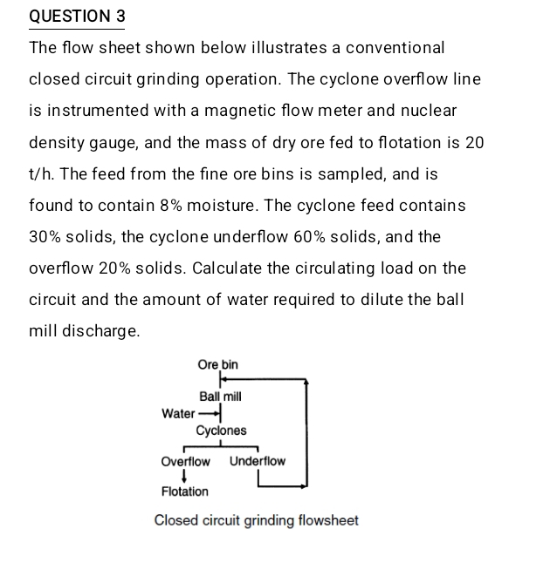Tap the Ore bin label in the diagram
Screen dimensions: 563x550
[x=217, y=364]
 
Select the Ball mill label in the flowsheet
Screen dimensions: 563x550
[x=220, y=397]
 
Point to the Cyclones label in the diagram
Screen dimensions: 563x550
[x=221, y=431]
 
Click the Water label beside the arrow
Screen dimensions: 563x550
[x=178, y=413]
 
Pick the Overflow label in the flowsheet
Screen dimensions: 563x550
[x=185, y=461]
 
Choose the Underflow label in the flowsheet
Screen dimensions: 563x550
[x=258, y=461]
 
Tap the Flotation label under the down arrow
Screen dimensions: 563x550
[x=185, y=492]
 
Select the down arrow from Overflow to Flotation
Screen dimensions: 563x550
[x=185, y=476]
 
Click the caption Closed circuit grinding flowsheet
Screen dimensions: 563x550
[x=256, y=520]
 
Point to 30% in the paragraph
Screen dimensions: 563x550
[x=45, y=237]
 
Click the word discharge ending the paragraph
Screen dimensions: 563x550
[x=102, y=331]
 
